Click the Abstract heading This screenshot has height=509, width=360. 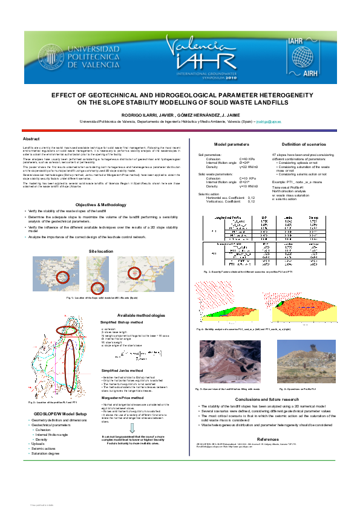click(x=31, y=138)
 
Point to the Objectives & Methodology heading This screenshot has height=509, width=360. click(x=93, y=204)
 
